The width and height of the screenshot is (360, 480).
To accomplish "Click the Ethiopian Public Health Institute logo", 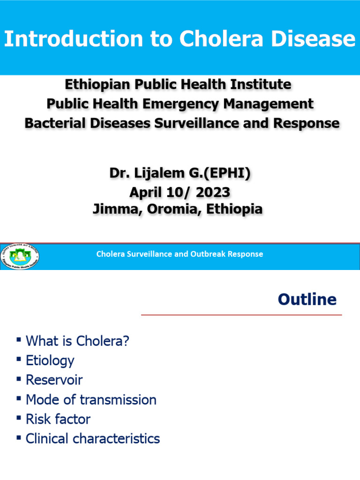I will pos(20,257).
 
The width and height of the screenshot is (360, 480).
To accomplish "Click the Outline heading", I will pos(307,299).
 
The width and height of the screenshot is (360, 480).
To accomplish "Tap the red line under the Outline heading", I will pos(241,315).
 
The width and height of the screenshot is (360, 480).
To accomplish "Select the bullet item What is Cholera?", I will pos(77,341).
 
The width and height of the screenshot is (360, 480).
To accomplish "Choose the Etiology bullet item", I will pos(50,360).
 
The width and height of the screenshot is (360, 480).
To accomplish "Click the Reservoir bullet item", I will pos(54,380).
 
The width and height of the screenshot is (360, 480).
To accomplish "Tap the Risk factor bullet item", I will pos(58,419).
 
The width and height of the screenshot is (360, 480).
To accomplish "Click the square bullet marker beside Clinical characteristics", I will pos(19,438).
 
